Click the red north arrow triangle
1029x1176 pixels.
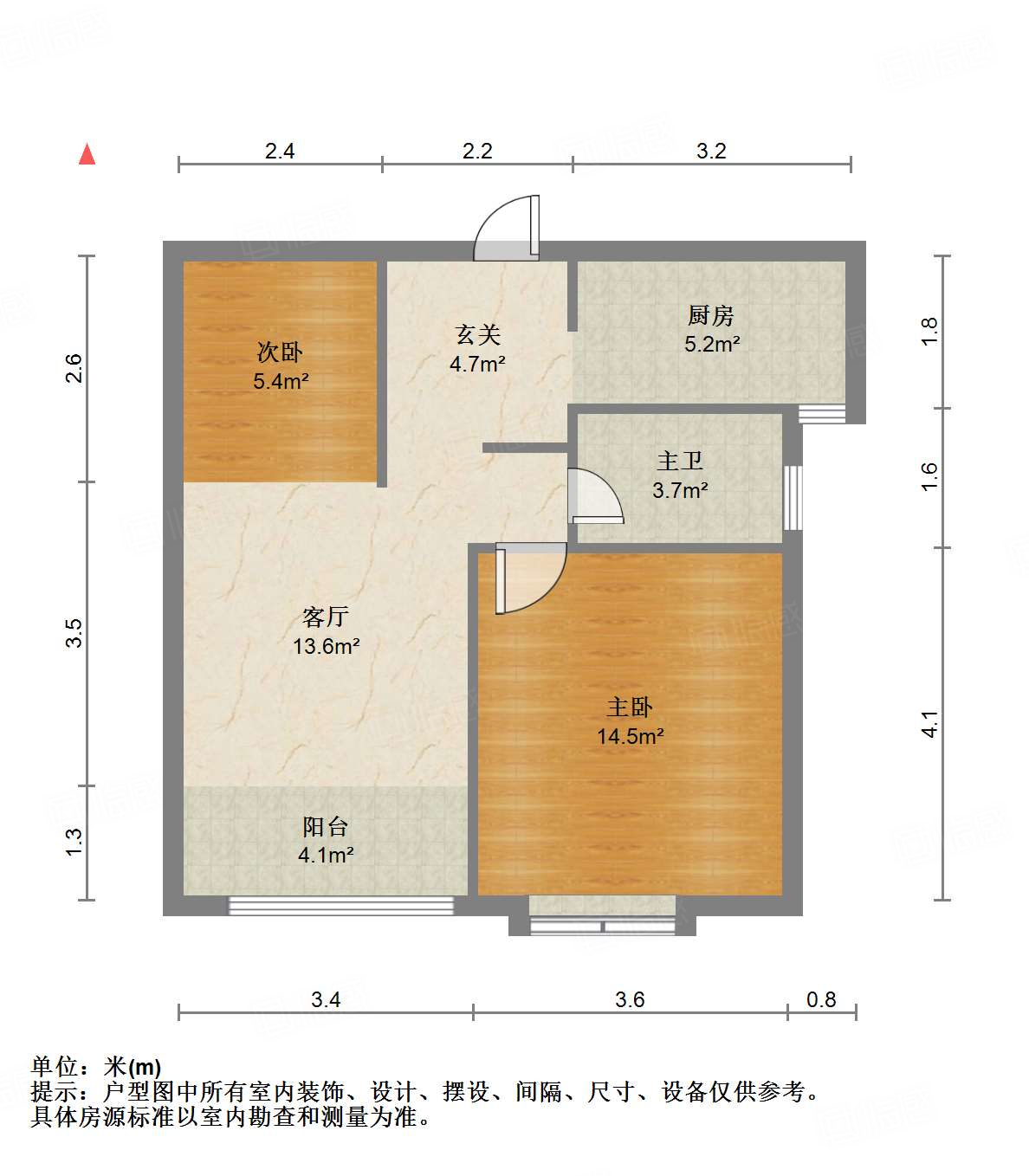point(87,154)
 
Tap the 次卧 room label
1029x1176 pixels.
point(280,352)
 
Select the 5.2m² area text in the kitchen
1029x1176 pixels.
point(712,345)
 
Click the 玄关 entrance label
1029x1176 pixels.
point(477,335)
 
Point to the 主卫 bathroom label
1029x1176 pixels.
point(680,462)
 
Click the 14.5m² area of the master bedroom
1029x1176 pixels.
point(630,737)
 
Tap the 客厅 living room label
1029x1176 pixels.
point(326,617)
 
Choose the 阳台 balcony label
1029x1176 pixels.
point(326,826)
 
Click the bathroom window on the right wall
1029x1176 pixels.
point(793,498)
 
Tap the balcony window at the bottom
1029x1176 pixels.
point(340,906)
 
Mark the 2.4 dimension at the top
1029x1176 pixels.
point(280,152)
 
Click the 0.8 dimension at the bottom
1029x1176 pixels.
point(821,1000)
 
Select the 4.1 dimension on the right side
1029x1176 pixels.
point(929,724)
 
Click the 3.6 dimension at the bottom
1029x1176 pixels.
point(630,1000)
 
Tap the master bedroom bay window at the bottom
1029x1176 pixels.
point(602,926)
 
